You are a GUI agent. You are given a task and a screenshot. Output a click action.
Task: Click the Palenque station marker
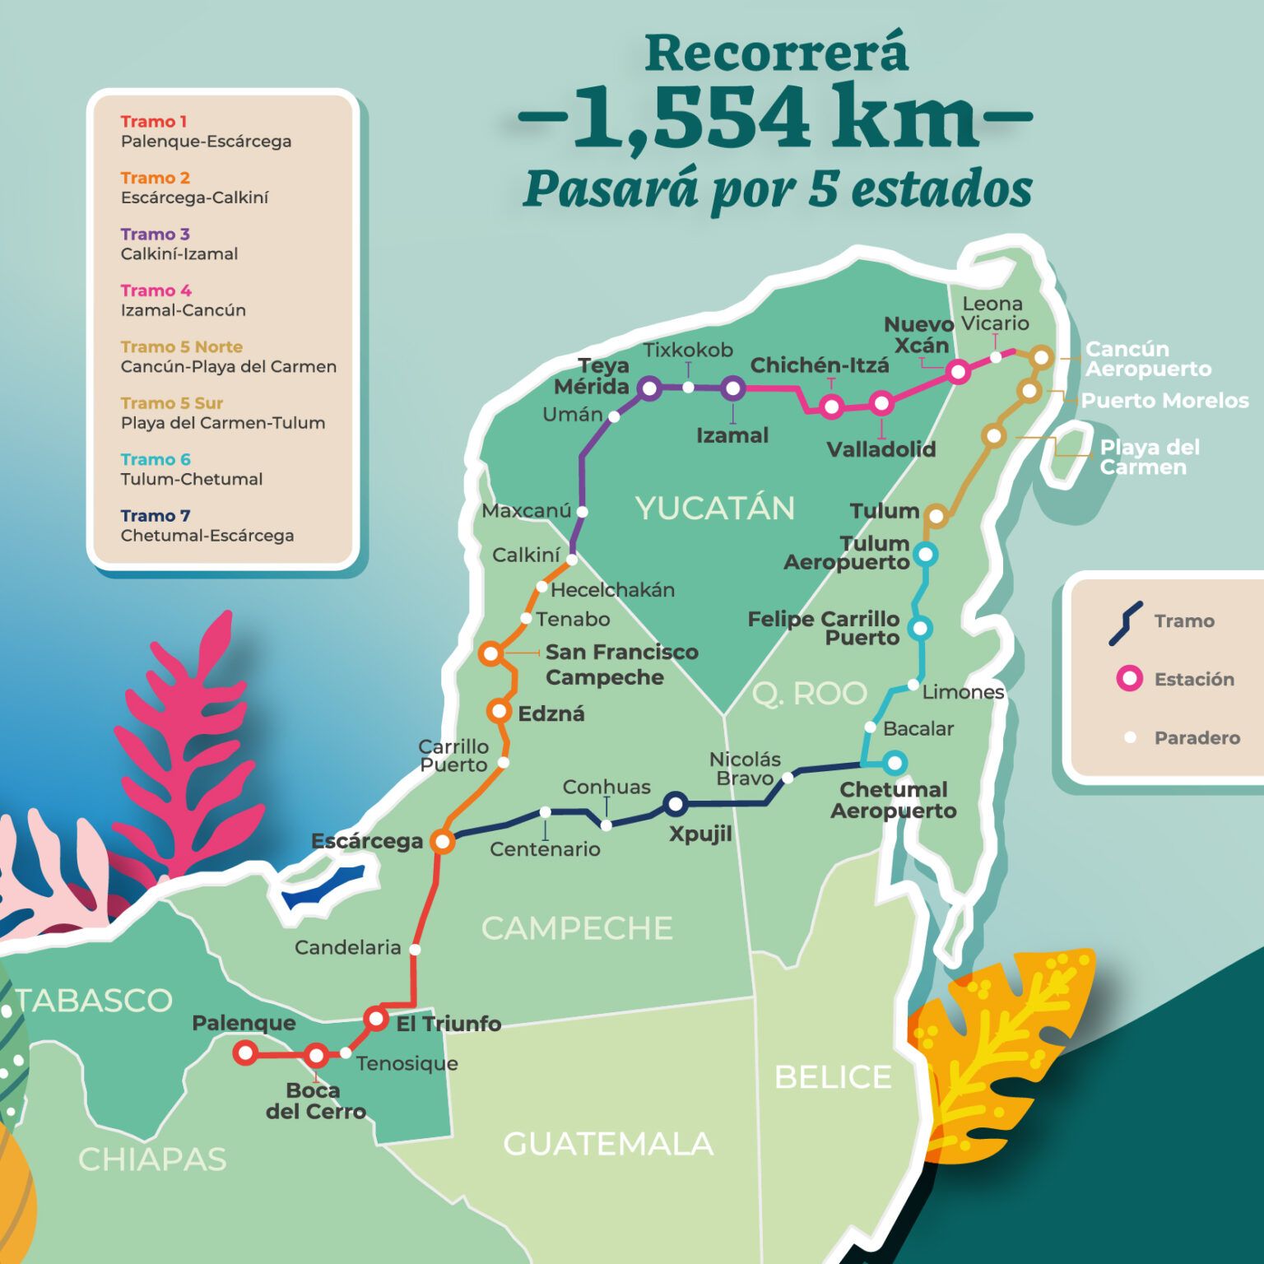245,1053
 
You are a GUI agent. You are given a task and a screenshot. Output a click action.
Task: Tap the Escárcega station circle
443,842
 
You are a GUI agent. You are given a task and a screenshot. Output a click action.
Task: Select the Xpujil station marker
676,803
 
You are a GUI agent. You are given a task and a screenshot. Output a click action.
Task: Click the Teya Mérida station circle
649,388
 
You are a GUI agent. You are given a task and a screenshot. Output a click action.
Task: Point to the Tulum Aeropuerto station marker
926,555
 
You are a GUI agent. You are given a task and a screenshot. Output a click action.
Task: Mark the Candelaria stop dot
415,949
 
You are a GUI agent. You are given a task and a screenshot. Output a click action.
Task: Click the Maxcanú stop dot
582,511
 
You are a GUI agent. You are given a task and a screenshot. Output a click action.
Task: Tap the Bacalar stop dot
870,727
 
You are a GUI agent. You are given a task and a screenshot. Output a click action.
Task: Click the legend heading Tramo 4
156,290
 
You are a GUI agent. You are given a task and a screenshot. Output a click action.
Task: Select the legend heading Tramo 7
156,516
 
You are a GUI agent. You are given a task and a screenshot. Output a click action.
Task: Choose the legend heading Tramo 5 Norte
181,346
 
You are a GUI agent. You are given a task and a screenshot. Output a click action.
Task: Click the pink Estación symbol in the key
1129,679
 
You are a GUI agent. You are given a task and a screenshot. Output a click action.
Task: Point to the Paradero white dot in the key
1130,737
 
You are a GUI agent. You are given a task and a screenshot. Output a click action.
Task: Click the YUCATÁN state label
714,509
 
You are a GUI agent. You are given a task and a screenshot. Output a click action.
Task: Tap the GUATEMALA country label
607,1144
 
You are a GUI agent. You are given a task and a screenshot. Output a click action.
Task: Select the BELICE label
833,1077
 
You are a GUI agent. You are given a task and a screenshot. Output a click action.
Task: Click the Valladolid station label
881,449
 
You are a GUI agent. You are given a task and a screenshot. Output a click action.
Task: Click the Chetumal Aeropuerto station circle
895,763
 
